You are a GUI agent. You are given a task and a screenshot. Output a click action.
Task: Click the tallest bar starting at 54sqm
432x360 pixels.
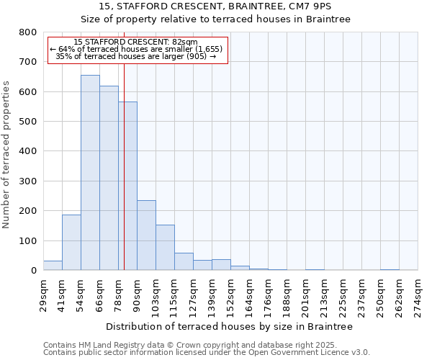90,173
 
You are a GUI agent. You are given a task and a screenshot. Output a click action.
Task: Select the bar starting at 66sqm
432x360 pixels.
109,179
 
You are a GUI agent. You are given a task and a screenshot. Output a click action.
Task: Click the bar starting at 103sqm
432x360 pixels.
165,248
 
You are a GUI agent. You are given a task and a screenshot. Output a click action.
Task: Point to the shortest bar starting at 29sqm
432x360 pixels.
53,266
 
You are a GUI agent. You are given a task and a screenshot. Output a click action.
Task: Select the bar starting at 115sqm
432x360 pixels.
184,262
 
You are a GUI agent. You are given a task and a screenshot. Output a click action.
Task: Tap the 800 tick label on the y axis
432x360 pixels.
28,32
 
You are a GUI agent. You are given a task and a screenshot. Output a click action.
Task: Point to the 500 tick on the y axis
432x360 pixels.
28,122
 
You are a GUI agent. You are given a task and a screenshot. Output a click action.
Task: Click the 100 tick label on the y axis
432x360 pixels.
28,240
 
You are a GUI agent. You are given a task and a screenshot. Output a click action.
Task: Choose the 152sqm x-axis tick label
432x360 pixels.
230,294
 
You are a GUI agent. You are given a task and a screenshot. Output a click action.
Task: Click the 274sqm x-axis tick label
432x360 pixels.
418,294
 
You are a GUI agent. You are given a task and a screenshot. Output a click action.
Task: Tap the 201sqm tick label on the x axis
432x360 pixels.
305,294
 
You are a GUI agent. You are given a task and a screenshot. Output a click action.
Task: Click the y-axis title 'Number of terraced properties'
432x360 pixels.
6,154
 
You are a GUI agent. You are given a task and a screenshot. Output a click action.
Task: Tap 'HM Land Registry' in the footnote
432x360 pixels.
109,345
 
